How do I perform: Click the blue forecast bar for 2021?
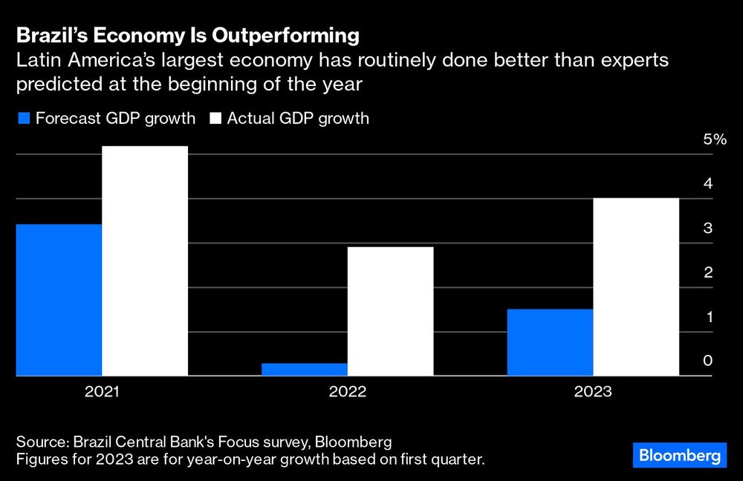pyautogui.click(x=59, y=300)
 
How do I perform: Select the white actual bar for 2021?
pyautogui.click(x=145, y=261)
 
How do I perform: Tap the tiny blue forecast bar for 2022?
pyautogui.click(x=305, y=369)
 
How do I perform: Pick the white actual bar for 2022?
pyautogui.click(x=391, y=312)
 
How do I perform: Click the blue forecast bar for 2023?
pyautogui.click(x=551, y=342)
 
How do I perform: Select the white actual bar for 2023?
pyautogui.click(x=637, y=287)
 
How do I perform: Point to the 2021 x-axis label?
pyautogui.click(x=102, y=391)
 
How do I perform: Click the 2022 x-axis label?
pyautogui.click(x=348, y=391)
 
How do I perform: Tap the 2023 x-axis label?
pyautogui.click(x=593, y=391)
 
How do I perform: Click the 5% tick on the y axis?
pyautogui.click(x=714, y=140)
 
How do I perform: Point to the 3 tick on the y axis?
pyautogui.click(x=708, y=228)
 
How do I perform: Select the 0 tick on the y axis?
pyautogui.click(x=708, y=361)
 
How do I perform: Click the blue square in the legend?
pyautogui.click(x=23, y=119)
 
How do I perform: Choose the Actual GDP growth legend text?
pyautogui.click(x=298, y=118)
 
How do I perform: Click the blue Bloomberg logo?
pyautogui.click(x=679, y=454)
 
